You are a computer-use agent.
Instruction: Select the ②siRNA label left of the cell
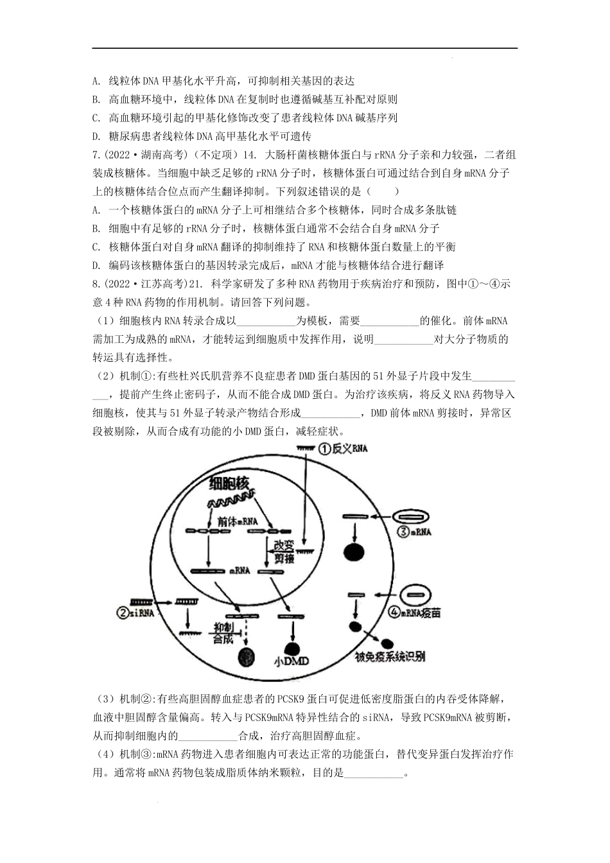[135, 613]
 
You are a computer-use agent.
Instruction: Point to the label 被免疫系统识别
[390, 656]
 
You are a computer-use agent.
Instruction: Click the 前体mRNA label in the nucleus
[237, 521]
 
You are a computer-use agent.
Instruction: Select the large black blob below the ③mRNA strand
[354, 552]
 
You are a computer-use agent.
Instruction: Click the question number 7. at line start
[96, 155]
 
